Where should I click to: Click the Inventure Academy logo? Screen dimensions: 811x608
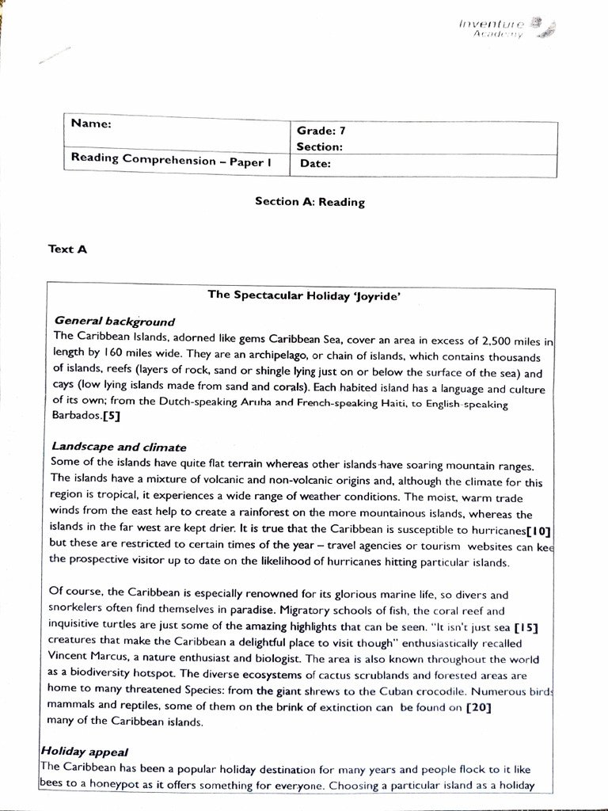click(x=507, y=28)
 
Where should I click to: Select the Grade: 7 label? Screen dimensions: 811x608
click(x=321, y=131)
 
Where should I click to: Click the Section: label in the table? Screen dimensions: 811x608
click(x=319, y=147)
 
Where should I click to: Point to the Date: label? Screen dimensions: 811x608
click(x=315, y=164)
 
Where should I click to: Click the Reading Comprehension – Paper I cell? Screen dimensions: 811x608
click(x=171, y=159)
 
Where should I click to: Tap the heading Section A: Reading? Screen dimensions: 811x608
click(x=310, y=201)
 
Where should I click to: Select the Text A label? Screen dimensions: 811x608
click(x=67, y=249)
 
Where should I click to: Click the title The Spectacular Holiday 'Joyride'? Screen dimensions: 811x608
click(x=303, y=295)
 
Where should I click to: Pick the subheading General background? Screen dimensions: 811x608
click(x=114, y=321)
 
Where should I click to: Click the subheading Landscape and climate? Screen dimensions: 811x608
click(x=119, y=447)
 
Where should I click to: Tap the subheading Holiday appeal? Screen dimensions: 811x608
click(x=85, y=751)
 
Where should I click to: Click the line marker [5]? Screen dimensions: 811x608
click(x=112, y=416)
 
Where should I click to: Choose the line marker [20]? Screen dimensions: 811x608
click(x=478, y=706)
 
